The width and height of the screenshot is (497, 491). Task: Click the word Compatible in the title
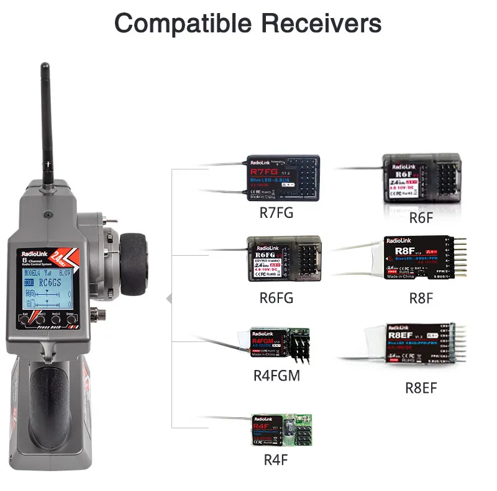tap(182, 24)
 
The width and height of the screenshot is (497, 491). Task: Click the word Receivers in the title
tap(321, 24)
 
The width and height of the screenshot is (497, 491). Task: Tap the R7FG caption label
tap(276, 214)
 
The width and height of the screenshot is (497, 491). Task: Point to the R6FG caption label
tap(276, 297)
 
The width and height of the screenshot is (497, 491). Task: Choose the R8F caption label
tap(421, 297)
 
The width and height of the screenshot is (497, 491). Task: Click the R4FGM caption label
tap(276, 376)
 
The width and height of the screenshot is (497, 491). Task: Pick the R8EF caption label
tap(421, 388)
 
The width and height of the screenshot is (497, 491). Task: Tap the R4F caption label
tap(276, 460)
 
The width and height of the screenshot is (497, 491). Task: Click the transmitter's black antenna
tap(45, 118)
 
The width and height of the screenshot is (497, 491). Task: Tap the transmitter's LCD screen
tap(47, 288)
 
